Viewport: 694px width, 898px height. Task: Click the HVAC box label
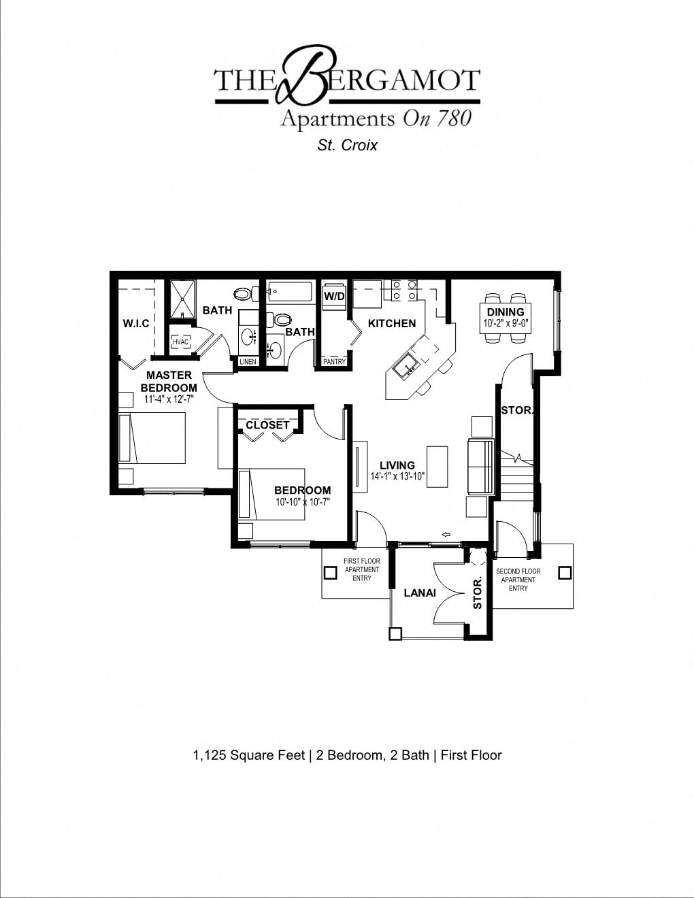[180, 342]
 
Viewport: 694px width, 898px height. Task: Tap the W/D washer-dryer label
[333, 297]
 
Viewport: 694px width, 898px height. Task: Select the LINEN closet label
[248, 362]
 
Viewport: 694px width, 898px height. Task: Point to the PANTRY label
[334, 362]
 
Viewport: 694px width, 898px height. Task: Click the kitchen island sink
[409, 367]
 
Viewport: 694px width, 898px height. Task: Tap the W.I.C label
[135, 323]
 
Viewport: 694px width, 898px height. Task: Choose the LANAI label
[420, 593]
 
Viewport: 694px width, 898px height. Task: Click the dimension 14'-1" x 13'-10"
[397, 477]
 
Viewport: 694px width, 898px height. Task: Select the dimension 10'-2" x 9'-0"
[506, 324]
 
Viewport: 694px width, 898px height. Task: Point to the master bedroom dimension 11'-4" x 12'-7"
[168, 399]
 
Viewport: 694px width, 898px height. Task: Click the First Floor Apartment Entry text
[361, 569]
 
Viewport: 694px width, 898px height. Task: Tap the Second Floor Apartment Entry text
[518, 580]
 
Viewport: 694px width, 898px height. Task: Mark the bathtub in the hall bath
[290, 292]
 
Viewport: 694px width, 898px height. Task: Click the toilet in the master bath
[244, 295]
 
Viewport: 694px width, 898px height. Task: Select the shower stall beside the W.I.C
[182, 299]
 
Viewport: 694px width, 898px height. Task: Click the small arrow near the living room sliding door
[446, 534]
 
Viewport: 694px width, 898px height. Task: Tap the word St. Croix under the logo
[347, 145]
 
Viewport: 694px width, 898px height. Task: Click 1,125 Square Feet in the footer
[248, 755]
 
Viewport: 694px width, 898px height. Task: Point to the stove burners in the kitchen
[403, 290]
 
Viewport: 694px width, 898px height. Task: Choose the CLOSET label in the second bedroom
[267, 425]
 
